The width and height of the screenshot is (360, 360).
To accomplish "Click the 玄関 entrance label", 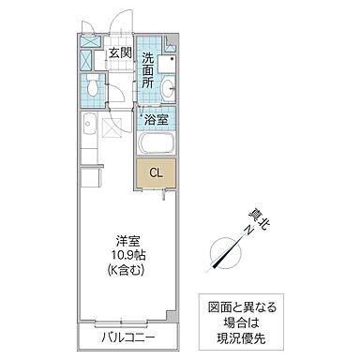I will (118, 53).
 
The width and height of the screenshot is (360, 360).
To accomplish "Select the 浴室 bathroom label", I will (156, 119).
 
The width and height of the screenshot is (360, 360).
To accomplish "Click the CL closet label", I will (155, 172).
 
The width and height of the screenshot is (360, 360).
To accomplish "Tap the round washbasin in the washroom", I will (167, 89).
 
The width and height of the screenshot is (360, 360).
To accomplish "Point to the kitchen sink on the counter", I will (87, 124).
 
